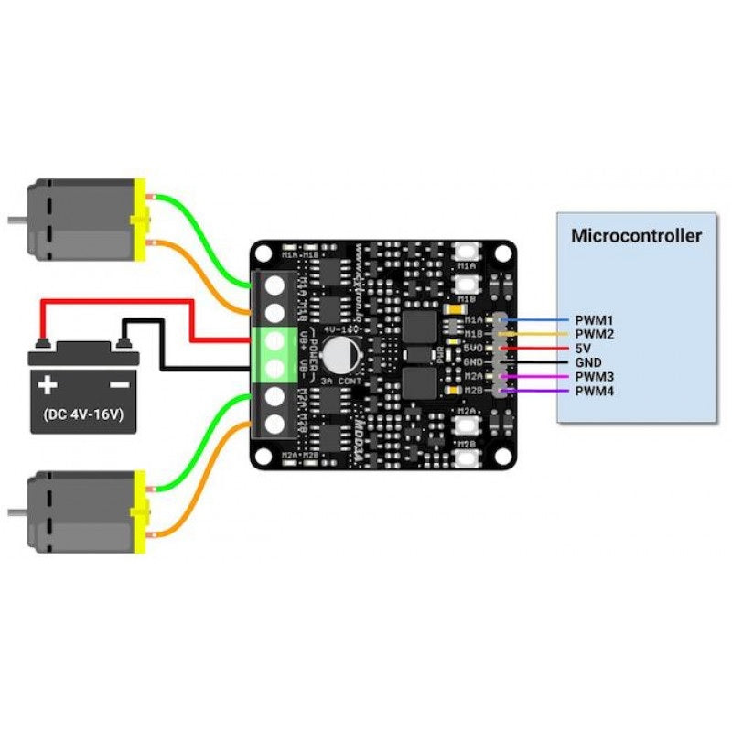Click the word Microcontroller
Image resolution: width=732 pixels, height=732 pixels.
636,235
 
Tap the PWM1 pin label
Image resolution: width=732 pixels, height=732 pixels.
594,320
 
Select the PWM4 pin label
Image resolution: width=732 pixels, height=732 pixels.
594,392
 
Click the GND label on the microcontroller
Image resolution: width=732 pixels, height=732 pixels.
588,363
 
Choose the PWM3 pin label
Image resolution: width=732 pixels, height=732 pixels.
594,377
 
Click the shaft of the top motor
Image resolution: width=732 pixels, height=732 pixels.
16,221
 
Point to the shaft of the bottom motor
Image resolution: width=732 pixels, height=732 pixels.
16,511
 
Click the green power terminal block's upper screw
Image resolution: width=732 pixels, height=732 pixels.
272,340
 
